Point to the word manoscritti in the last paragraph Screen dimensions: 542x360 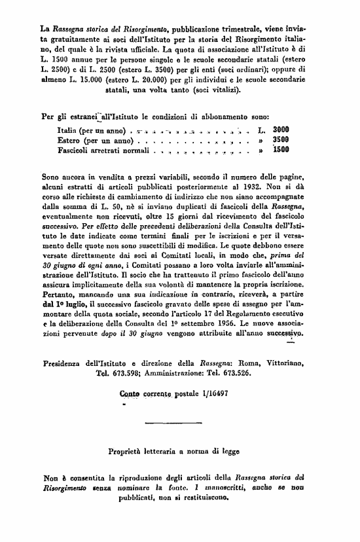point(233,487)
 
